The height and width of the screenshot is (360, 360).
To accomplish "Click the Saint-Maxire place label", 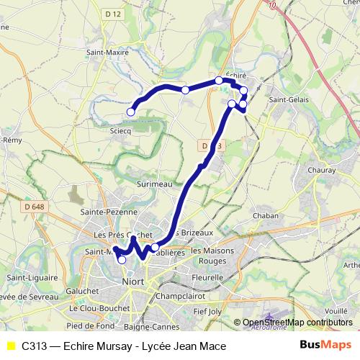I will (107, 52).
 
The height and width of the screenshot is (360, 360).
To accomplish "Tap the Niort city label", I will (134, 282).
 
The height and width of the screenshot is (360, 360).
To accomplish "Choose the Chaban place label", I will (266, 215).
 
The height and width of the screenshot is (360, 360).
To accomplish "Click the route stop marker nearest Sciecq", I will (131, 112).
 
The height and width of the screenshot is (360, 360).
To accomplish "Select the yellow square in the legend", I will (10, 346).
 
